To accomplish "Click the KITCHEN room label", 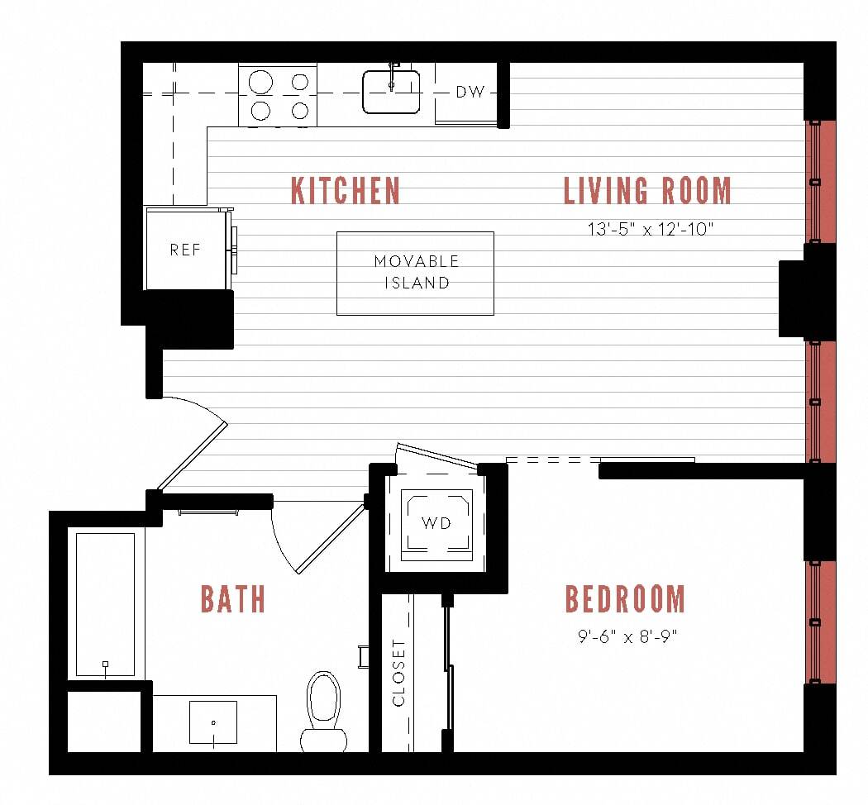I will click(346, 191).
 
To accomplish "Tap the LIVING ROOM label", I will click(647, 191).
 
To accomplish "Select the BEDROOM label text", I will click(625, 599).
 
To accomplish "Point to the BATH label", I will click(233, 599).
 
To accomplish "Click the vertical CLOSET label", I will click(399, 673).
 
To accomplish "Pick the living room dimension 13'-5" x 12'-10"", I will click(650, 229).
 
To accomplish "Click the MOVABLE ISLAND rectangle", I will click(415, 273).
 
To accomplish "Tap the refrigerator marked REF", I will click(185, 250).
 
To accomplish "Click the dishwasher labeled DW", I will click(469, 93).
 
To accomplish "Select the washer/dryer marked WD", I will click(436, 523).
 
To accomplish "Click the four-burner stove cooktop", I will click(279, 95).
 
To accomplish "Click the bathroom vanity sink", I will click(213, 722).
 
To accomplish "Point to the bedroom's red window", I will click(819, 622).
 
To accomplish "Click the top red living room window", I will click(819, 182).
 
